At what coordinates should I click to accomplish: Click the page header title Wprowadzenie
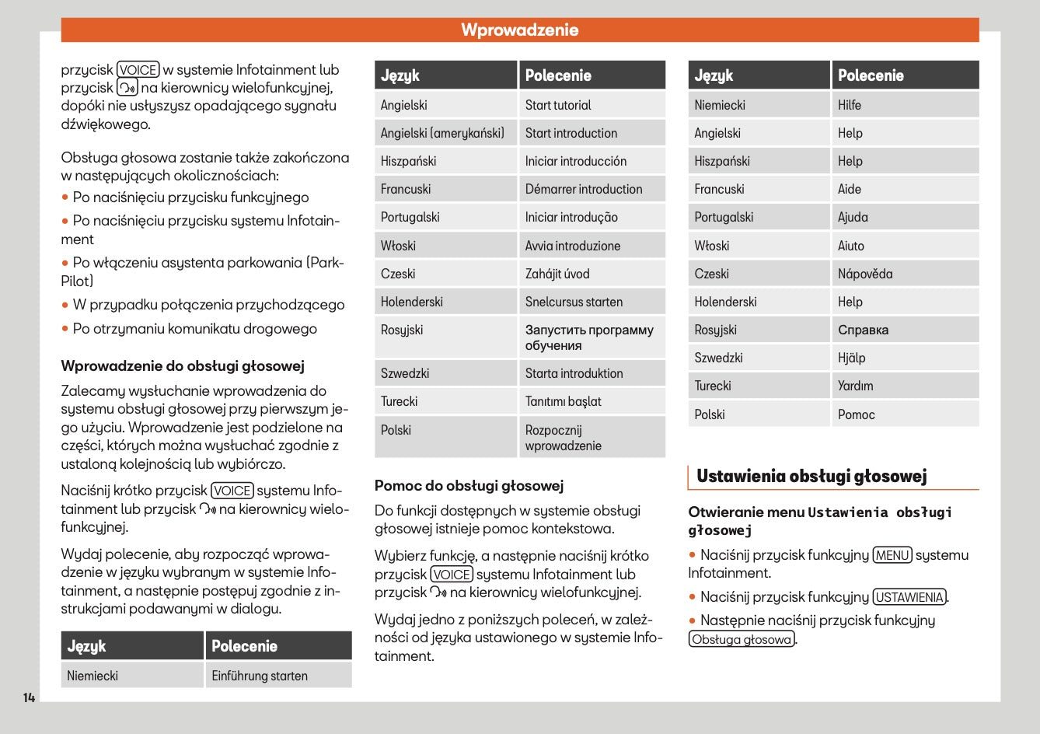point(519,30)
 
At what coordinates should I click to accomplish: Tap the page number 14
point(29,697)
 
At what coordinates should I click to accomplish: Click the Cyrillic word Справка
point(863,330)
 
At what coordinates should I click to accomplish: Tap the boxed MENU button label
point(892,555)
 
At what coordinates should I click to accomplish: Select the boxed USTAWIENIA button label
point(909,597)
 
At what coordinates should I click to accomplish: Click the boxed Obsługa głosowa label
point(742,640)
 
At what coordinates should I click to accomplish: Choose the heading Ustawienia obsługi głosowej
point(811,476)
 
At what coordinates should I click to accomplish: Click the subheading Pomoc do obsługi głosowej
point(469,486)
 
